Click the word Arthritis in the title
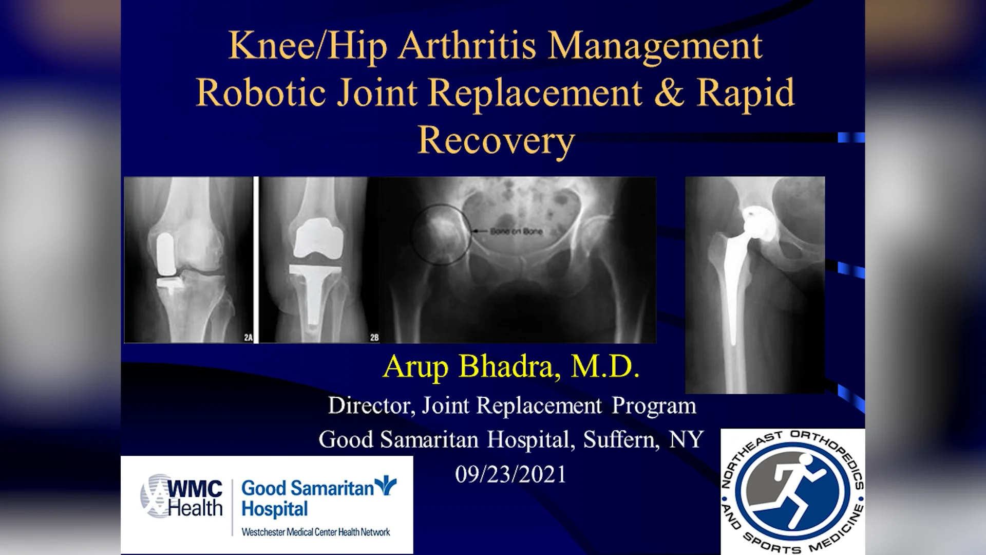pyautogui.click(x=468, y=46)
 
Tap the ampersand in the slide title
pyautogui.click(x=669, y=92)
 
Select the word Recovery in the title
pyautogui.click(x=496, y=140)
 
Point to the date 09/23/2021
pyautogui.click(x=510, y=474)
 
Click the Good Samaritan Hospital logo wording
pyautogui.click(x=308, y=497)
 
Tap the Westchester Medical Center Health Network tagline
pyautogui.click(x=316, y=532)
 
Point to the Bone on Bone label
pyautogui.click(x=516, y=231)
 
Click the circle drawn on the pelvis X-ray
pyautogui.click(x=441, y=235)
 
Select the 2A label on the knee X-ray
pyautogui.click(x=248, y=338)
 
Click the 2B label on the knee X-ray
pyautogui.click(x=374, y=338)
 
